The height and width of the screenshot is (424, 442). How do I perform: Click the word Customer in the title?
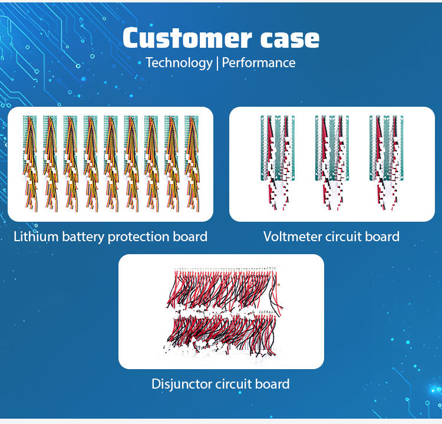point(177,39)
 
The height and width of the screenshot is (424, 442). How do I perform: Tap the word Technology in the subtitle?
point(179,63)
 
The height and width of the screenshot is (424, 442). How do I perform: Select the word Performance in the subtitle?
point(259,63)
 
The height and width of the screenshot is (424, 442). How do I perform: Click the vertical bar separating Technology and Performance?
point(217,63)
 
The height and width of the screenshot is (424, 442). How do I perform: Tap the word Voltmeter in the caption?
point(292,237)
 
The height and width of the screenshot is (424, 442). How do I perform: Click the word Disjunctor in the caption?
point(180,384)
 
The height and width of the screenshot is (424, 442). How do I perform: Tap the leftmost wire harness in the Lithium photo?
point(29,162)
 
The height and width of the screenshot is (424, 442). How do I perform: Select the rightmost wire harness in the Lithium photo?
point(192,162)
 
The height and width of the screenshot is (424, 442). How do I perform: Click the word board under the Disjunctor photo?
point(272,384)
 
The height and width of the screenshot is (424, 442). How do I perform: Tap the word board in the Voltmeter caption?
point(383,237)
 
